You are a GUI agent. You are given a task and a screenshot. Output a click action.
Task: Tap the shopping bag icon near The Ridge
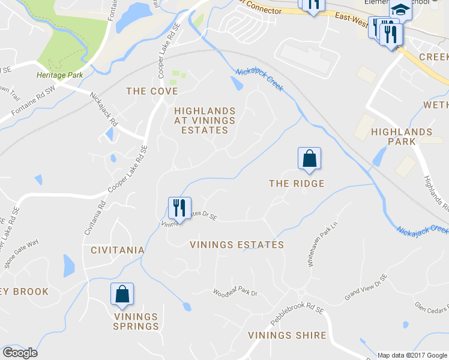coord(309,158)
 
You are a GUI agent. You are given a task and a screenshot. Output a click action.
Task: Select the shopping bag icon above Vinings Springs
coord(122,294)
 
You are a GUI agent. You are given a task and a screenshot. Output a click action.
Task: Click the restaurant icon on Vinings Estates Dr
coord(179,208)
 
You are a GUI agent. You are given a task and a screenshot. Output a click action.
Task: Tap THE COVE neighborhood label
coord(152,91)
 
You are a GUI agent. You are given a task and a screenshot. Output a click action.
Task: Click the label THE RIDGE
coord(297,184)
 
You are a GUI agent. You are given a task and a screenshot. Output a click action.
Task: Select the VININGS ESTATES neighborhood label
coord(237,245)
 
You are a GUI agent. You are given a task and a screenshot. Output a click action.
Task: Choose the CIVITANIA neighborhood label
coord(118,250)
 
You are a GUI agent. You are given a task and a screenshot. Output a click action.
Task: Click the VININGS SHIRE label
coord(287,335)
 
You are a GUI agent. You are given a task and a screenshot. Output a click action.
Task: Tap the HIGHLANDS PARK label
coord(402,136)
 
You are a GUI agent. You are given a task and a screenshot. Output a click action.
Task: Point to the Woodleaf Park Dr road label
coord(235,293)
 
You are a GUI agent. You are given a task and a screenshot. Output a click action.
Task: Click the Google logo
coord(20,352)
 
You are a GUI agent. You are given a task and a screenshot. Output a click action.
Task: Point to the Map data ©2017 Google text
coord(411,355)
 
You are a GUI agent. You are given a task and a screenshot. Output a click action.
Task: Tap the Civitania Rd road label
coord(95,219)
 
